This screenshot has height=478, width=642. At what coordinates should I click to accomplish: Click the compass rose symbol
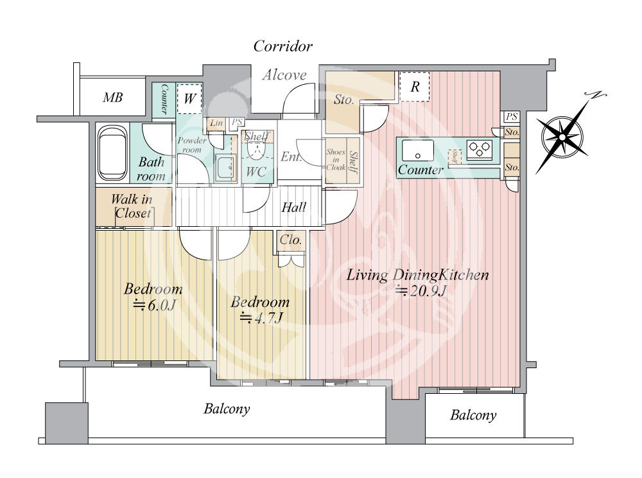pos(562,136)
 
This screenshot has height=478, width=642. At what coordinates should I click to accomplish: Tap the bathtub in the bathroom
pos(112,153)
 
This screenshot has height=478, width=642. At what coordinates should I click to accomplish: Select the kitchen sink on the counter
pos(417,150)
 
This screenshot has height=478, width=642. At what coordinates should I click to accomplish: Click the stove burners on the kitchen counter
pos(480,148)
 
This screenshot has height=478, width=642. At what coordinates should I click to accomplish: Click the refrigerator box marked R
pos(414,87)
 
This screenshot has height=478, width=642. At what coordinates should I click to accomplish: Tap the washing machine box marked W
pos(189,99)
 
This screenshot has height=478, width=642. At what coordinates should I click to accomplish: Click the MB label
pos(112,98)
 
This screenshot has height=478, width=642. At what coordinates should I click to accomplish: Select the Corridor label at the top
pos(282,46)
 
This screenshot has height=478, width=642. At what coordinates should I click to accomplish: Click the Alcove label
pos(284,75)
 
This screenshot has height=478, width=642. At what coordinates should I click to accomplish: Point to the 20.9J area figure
pos(421,290)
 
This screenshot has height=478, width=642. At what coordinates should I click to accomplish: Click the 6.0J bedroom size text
pos(154,305)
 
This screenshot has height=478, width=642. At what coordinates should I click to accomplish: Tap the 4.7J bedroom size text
pos(261,317)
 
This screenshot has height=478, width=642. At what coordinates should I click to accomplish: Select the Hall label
pos(293,208)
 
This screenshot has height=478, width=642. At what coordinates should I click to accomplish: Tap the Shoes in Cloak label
pos(336,159)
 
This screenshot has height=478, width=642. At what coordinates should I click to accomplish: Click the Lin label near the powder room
pos(216,123)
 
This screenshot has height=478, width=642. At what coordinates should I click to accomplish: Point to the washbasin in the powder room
pos(225,168)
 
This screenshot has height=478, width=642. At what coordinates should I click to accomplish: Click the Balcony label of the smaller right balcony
pos(473,415)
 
